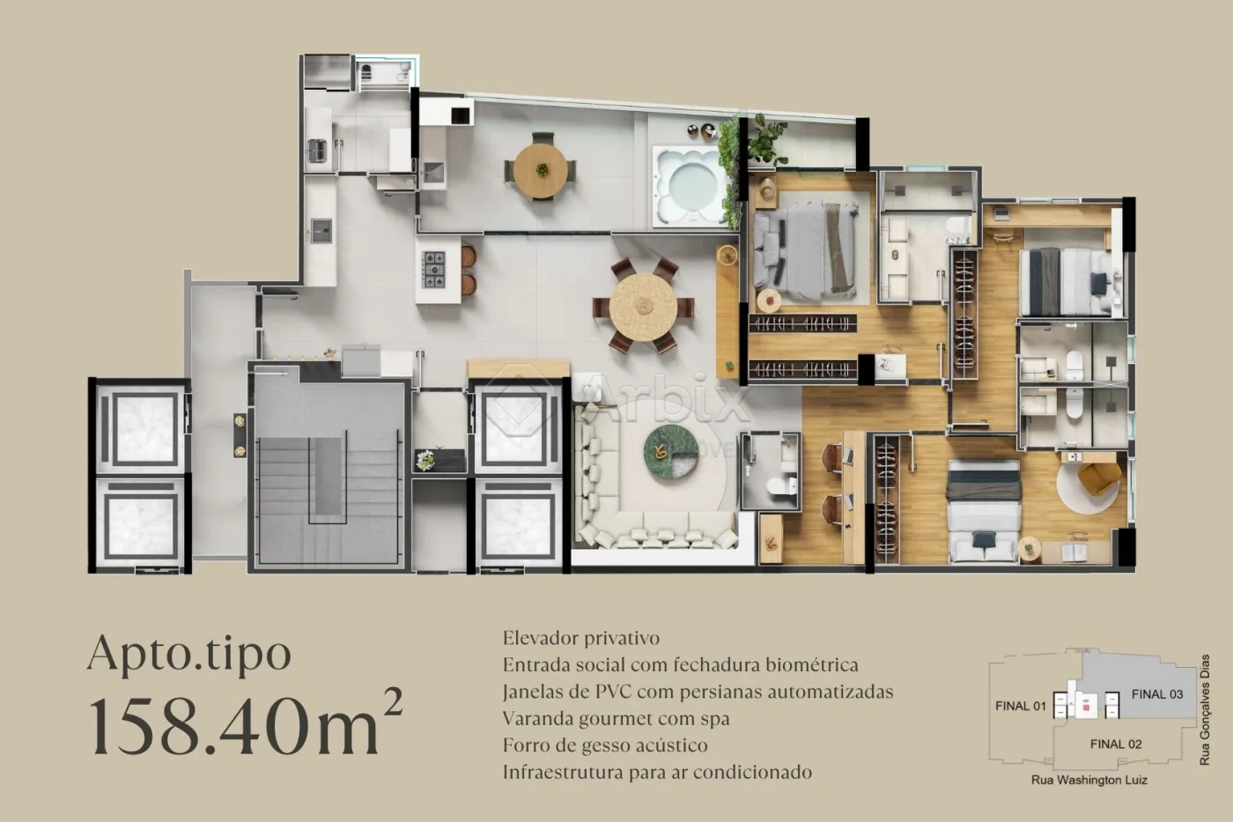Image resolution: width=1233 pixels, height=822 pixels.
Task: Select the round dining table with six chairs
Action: click(643, 306)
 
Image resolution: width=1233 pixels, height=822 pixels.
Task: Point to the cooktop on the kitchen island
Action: click(434, 270)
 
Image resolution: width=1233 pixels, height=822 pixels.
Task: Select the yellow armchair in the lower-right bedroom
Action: click(1098, 478)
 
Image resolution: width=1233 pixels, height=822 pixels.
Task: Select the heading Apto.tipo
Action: click(189, 654)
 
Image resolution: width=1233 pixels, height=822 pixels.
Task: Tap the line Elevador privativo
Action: click(580, 638)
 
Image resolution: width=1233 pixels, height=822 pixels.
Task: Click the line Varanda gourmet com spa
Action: click(616, 718)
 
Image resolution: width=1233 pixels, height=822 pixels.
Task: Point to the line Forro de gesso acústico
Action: click(604, 745)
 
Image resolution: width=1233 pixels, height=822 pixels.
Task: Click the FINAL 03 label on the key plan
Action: click(1156, 694)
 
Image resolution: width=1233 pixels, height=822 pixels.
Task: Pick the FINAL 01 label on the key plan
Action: click(1020, 706)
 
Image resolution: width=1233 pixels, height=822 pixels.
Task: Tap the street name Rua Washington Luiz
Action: click(1089, 780)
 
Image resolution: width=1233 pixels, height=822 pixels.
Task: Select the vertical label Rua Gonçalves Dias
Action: click(1205, 709)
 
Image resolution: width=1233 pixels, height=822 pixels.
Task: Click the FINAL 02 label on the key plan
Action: click(1115, 744)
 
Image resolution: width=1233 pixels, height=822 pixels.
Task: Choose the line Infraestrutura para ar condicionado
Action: click(657, 773)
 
